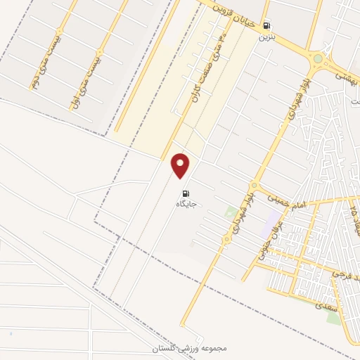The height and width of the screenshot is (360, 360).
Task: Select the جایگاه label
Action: (186, 204)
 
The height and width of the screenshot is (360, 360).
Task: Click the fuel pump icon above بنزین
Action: (266, 24)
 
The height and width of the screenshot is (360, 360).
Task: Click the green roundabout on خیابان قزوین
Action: (317, 59)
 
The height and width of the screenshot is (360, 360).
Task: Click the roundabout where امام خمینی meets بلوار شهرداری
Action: (226, 240)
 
